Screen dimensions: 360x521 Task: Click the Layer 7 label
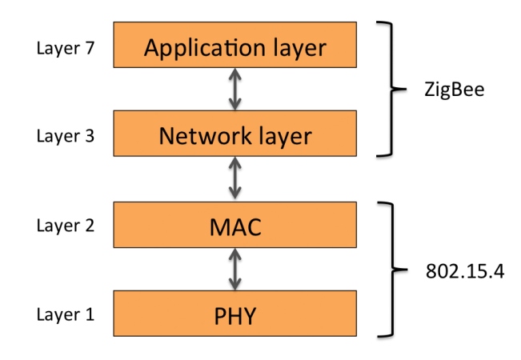coord(65,47)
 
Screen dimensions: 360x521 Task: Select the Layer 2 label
coord(65,226)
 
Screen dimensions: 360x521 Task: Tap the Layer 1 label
coord(65,314)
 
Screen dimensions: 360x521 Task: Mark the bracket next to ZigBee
coord(391,89)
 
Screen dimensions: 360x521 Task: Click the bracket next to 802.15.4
coord(391,269)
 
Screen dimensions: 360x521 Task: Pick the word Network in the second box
coord(198,136)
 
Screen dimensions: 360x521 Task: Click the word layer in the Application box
coord(300,48)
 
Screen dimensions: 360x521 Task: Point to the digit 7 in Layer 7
coord(90,47)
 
